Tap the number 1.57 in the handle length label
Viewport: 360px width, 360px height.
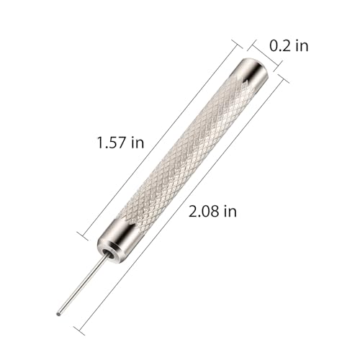pyautogui.click(x=111, y=143)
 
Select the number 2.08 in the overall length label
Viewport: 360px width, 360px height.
pyautogui.click(x=204, y=212)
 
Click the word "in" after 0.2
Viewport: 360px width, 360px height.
pyautogui.click(x=302, y=45)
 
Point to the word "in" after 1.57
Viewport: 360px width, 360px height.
pyautogui.click(x=138, y=143)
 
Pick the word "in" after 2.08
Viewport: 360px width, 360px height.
pyautogui.click(x=230, y=212)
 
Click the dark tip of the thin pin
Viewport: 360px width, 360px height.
pyautogui.click(x=58, y=313)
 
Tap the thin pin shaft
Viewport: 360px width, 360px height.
pyautogui.click(x=81, y=285)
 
